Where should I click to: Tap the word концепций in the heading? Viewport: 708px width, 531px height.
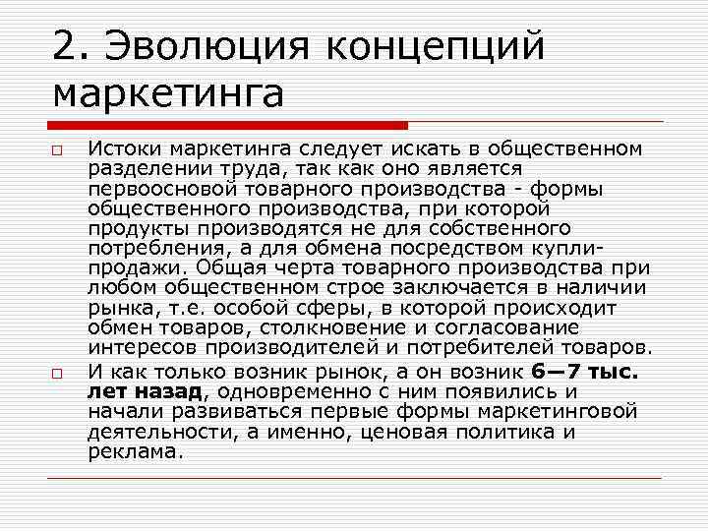pos(431,46)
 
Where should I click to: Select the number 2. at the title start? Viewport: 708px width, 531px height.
pos(72,46)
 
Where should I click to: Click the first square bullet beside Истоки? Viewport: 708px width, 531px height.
pos(59,151)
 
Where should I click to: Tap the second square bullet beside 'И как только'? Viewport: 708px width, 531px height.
pos(59,375)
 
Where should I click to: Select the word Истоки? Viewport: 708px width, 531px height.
pos(122,149)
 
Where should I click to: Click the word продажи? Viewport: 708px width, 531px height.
pos(135,267)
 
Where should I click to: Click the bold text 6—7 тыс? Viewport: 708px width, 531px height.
pos(584,372)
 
